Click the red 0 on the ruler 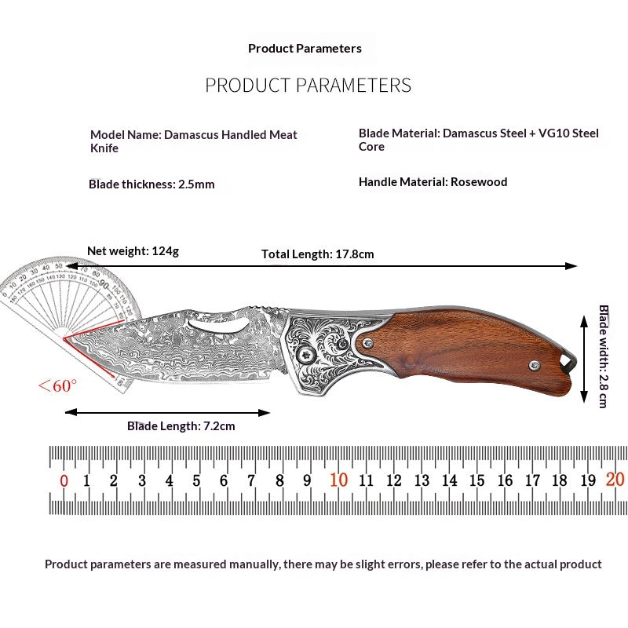pyautogui.click(x=64, y=480)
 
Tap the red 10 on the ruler pyautogui.click(x=339, y=480)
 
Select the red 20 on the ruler pyautogui.click(x=615, y=480)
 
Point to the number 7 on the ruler pyautogui.click(x=251, y=480)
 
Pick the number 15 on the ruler pyautogui.click(x=477, y=480)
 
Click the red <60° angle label pyautogui.click(x=57, y=385)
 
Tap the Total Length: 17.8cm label pyautogui.click(x=318, y=254)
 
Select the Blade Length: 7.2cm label pyautogui.click(x=181, y=425)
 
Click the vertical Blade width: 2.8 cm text pyautogui.click(x=604, y=356)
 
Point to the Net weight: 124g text pyautogui.click(x=133, y=251)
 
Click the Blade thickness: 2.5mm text pyautogui.click(x=152, y=184)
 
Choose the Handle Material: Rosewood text pyautogui.click(x=433, y=182)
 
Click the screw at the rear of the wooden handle pyautogui.click(x=535, y=365)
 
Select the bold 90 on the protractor pyautogui.click(x=104, y=285)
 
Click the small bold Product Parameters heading pyautogui.click(x=305, y=49)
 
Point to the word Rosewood pyautogui.click(x=479, y=182)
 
